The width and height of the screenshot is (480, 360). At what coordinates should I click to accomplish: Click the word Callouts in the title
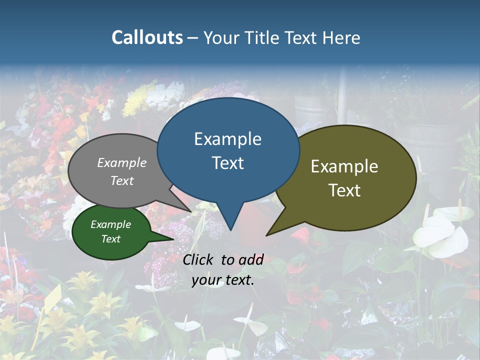point(147,37)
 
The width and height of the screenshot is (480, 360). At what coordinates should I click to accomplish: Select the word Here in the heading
point(341,37)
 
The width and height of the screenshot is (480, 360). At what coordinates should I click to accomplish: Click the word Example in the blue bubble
point(227,139)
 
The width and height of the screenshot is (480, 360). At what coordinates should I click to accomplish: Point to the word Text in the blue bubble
point(227,163)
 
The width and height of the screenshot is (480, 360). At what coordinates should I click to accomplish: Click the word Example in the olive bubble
point(344,166)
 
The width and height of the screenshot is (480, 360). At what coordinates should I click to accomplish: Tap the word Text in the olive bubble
point(344,190)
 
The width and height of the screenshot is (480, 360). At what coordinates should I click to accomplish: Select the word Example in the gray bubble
point(122,162)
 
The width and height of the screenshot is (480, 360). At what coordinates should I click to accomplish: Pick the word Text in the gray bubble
point(122,180)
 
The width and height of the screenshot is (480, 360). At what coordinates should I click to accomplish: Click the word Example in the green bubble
point(111,224)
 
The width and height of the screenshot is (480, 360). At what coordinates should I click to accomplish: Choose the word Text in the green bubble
point(111,239)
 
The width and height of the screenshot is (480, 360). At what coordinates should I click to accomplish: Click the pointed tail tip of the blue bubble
point(230,230)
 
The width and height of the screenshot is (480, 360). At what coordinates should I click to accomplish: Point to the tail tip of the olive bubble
point(266,235)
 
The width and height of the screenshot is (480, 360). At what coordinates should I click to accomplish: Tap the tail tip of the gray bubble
point(191,211)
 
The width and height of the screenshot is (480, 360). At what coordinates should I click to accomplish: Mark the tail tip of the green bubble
point(173,239)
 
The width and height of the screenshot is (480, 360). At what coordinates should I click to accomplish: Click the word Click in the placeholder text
point(199,259)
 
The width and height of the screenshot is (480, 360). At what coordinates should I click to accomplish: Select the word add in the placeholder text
point(251,259)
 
